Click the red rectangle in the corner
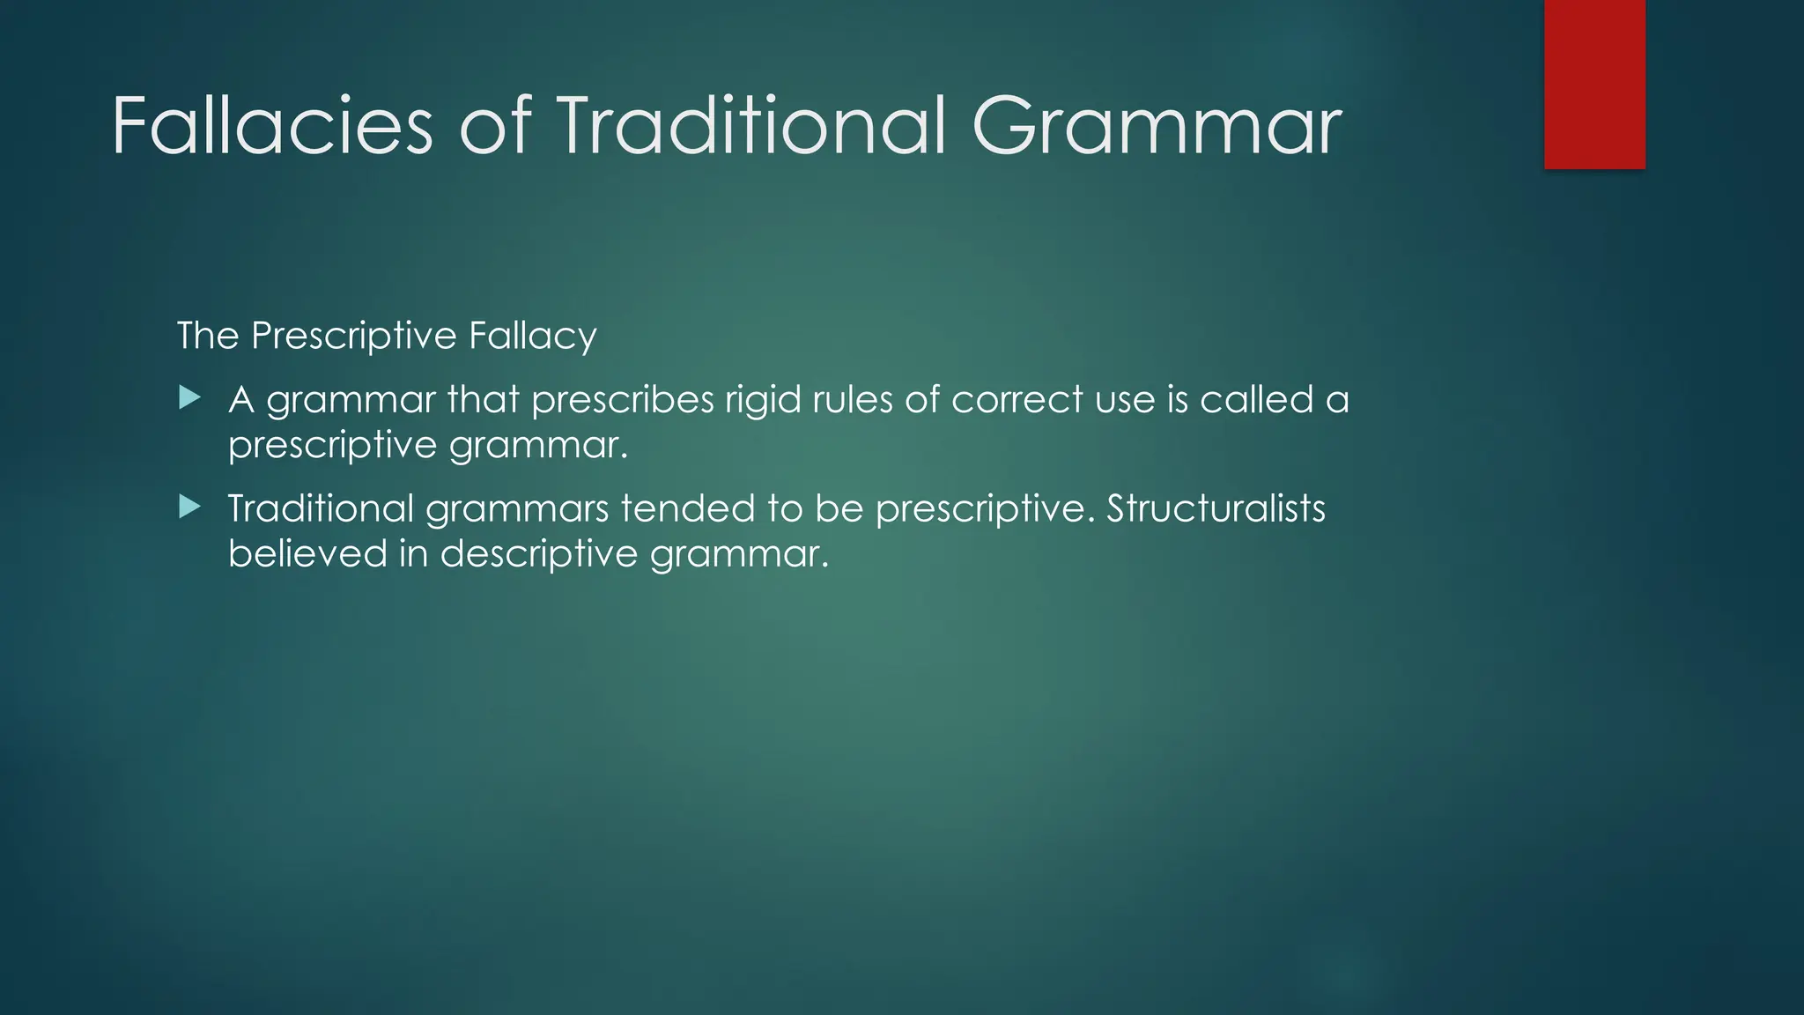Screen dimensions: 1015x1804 pyautogui.click(x=1594, y=84)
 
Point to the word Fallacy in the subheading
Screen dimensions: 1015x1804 pyautogui.click(x=532, y=336)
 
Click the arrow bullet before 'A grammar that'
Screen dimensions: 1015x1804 pyautogui.click(x=189, y=398)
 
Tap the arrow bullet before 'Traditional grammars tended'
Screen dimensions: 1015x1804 pyautogui.click(x=189, y=507)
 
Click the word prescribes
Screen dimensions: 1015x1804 pyautogui.click(x=622, y=400)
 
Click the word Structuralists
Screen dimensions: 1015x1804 pyautogui.click(x=1216, y=508)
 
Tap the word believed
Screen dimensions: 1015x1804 pyautogui.click(x=307, y=553)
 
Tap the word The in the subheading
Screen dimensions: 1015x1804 pyautogui.click(x=207, y=336)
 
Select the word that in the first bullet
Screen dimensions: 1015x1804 pyautogui.click(x=483, y=400)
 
